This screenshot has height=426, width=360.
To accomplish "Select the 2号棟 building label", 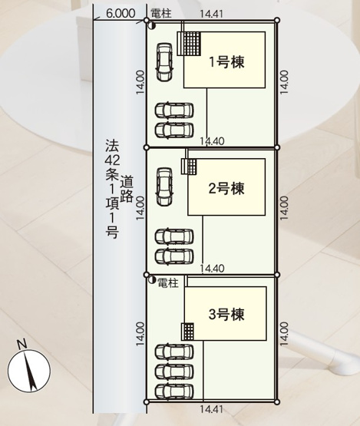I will click(x=226, y=188).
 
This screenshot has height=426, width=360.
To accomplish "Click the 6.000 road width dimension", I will click(x=121, y=14).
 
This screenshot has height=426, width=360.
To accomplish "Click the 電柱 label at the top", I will click(x=161, y=14).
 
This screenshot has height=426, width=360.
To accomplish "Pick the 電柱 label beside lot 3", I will click(x=168, y=284).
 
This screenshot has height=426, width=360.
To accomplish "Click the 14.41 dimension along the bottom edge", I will click(x=211, y=411).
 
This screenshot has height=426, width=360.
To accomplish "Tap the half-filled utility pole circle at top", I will click(x=151, y=26).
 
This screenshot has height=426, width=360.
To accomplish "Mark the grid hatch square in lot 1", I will click(x=190, y=44).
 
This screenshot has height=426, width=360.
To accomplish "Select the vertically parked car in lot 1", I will click(x=164, y=61).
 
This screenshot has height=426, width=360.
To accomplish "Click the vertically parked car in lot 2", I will click(x=164, y=187).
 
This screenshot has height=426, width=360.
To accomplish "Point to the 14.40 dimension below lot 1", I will click(x=211, y=141).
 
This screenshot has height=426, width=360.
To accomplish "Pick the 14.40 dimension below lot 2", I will click(x=211, y=268).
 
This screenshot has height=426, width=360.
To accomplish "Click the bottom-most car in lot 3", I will click(x=174, y=391).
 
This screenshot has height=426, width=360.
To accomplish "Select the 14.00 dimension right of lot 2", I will click(x=284, y=208).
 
